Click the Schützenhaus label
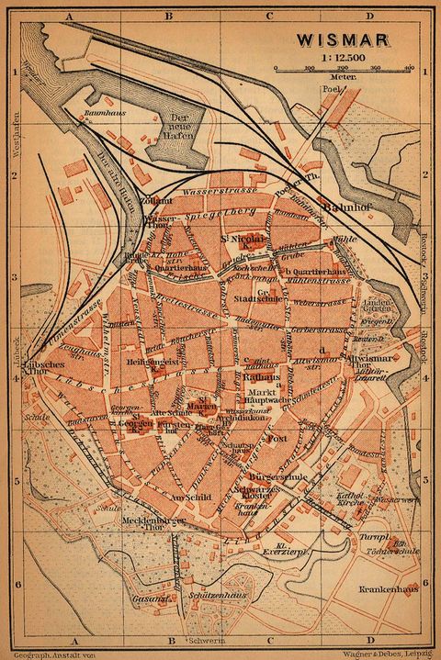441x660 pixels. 220,596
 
